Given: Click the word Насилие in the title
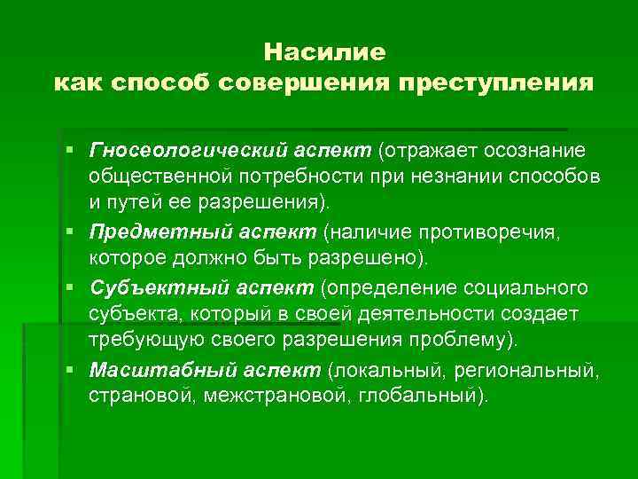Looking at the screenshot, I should [x=324, y=52].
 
